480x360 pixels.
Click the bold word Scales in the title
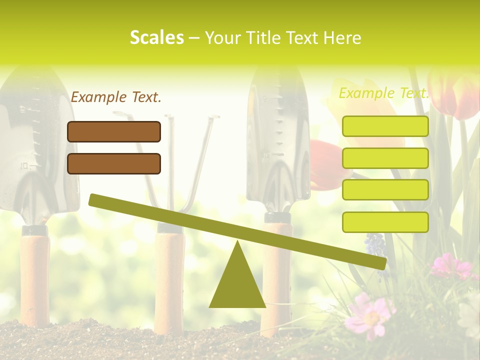tap(156, 38)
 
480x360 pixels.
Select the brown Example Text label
tap(116, 97)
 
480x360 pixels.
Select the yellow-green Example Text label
tap(383, 93)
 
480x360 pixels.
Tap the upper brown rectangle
tap(114, 131)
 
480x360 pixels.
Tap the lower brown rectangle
tap(114, 163)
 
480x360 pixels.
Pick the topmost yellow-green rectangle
tap(385, 126)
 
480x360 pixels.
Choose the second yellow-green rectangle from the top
tap(385, 158)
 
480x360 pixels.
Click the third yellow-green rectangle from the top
tap(385, 190)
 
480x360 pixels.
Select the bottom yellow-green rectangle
tap(385, 222)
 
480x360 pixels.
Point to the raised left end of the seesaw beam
tap(95, 200)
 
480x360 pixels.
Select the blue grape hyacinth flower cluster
tap(375, 245)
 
